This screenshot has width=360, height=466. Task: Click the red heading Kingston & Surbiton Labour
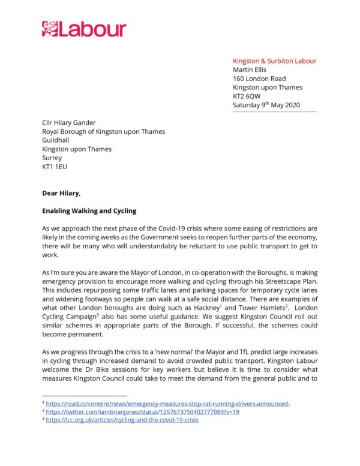point(274,61)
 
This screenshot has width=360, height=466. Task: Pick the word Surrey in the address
point(52,158)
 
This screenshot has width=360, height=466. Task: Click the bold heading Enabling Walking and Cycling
point(90,211)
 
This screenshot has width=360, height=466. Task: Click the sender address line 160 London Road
point(259,79)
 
